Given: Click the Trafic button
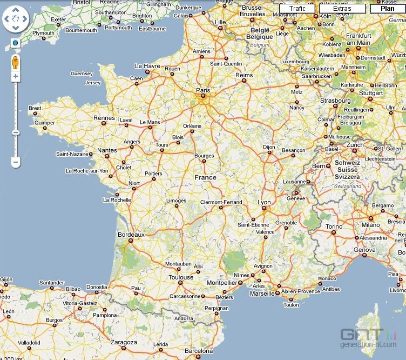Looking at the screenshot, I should click(297, 9).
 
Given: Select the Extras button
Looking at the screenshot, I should click(342, 9).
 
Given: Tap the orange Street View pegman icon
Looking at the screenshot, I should click(15, 62).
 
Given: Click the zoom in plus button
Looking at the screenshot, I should click(15, 77).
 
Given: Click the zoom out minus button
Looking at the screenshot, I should click(15, 162).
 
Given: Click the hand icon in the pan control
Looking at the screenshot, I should click(15, 21).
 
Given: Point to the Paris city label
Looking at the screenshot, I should click(203, 90).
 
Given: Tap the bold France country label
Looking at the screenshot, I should click(205, 177).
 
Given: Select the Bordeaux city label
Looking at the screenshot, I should click(131, 235).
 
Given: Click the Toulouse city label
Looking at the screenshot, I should click(181, 277).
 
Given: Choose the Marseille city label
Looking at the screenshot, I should click(262, 294).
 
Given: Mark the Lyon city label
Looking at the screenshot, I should click(264, 202).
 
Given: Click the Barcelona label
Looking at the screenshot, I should click(199, 350).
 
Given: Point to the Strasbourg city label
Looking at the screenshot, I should click(335, 101).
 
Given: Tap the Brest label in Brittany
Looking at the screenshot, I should click(35, 108).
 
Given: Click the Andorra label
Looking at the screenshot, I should click(184, 318).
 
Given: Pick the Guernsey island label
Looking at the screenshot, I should click(82, 74).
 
